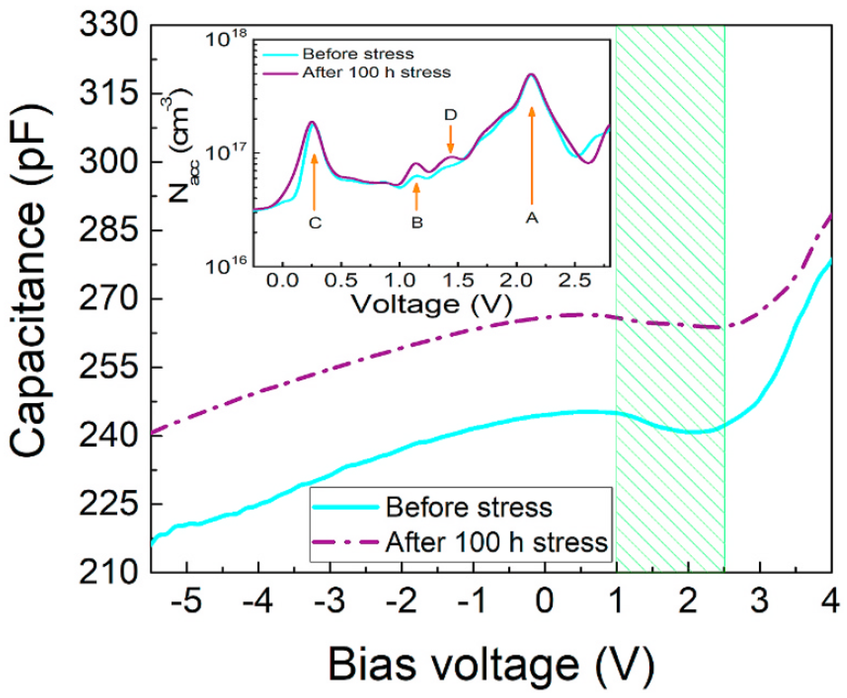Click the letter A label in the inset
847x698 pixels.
click(532, 218)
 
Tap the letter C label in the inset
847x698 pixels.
click(315, 223)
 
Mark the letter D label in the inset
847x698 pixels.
click(451, 115)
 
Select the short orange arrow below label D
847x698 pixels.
click(451, 139)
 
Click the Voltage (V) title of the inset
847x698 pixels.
click(432, 305)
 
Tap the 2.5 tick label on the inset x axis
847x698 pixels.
click(574, 281)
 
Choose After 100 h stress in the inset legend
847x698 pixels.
click(376, 72)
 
